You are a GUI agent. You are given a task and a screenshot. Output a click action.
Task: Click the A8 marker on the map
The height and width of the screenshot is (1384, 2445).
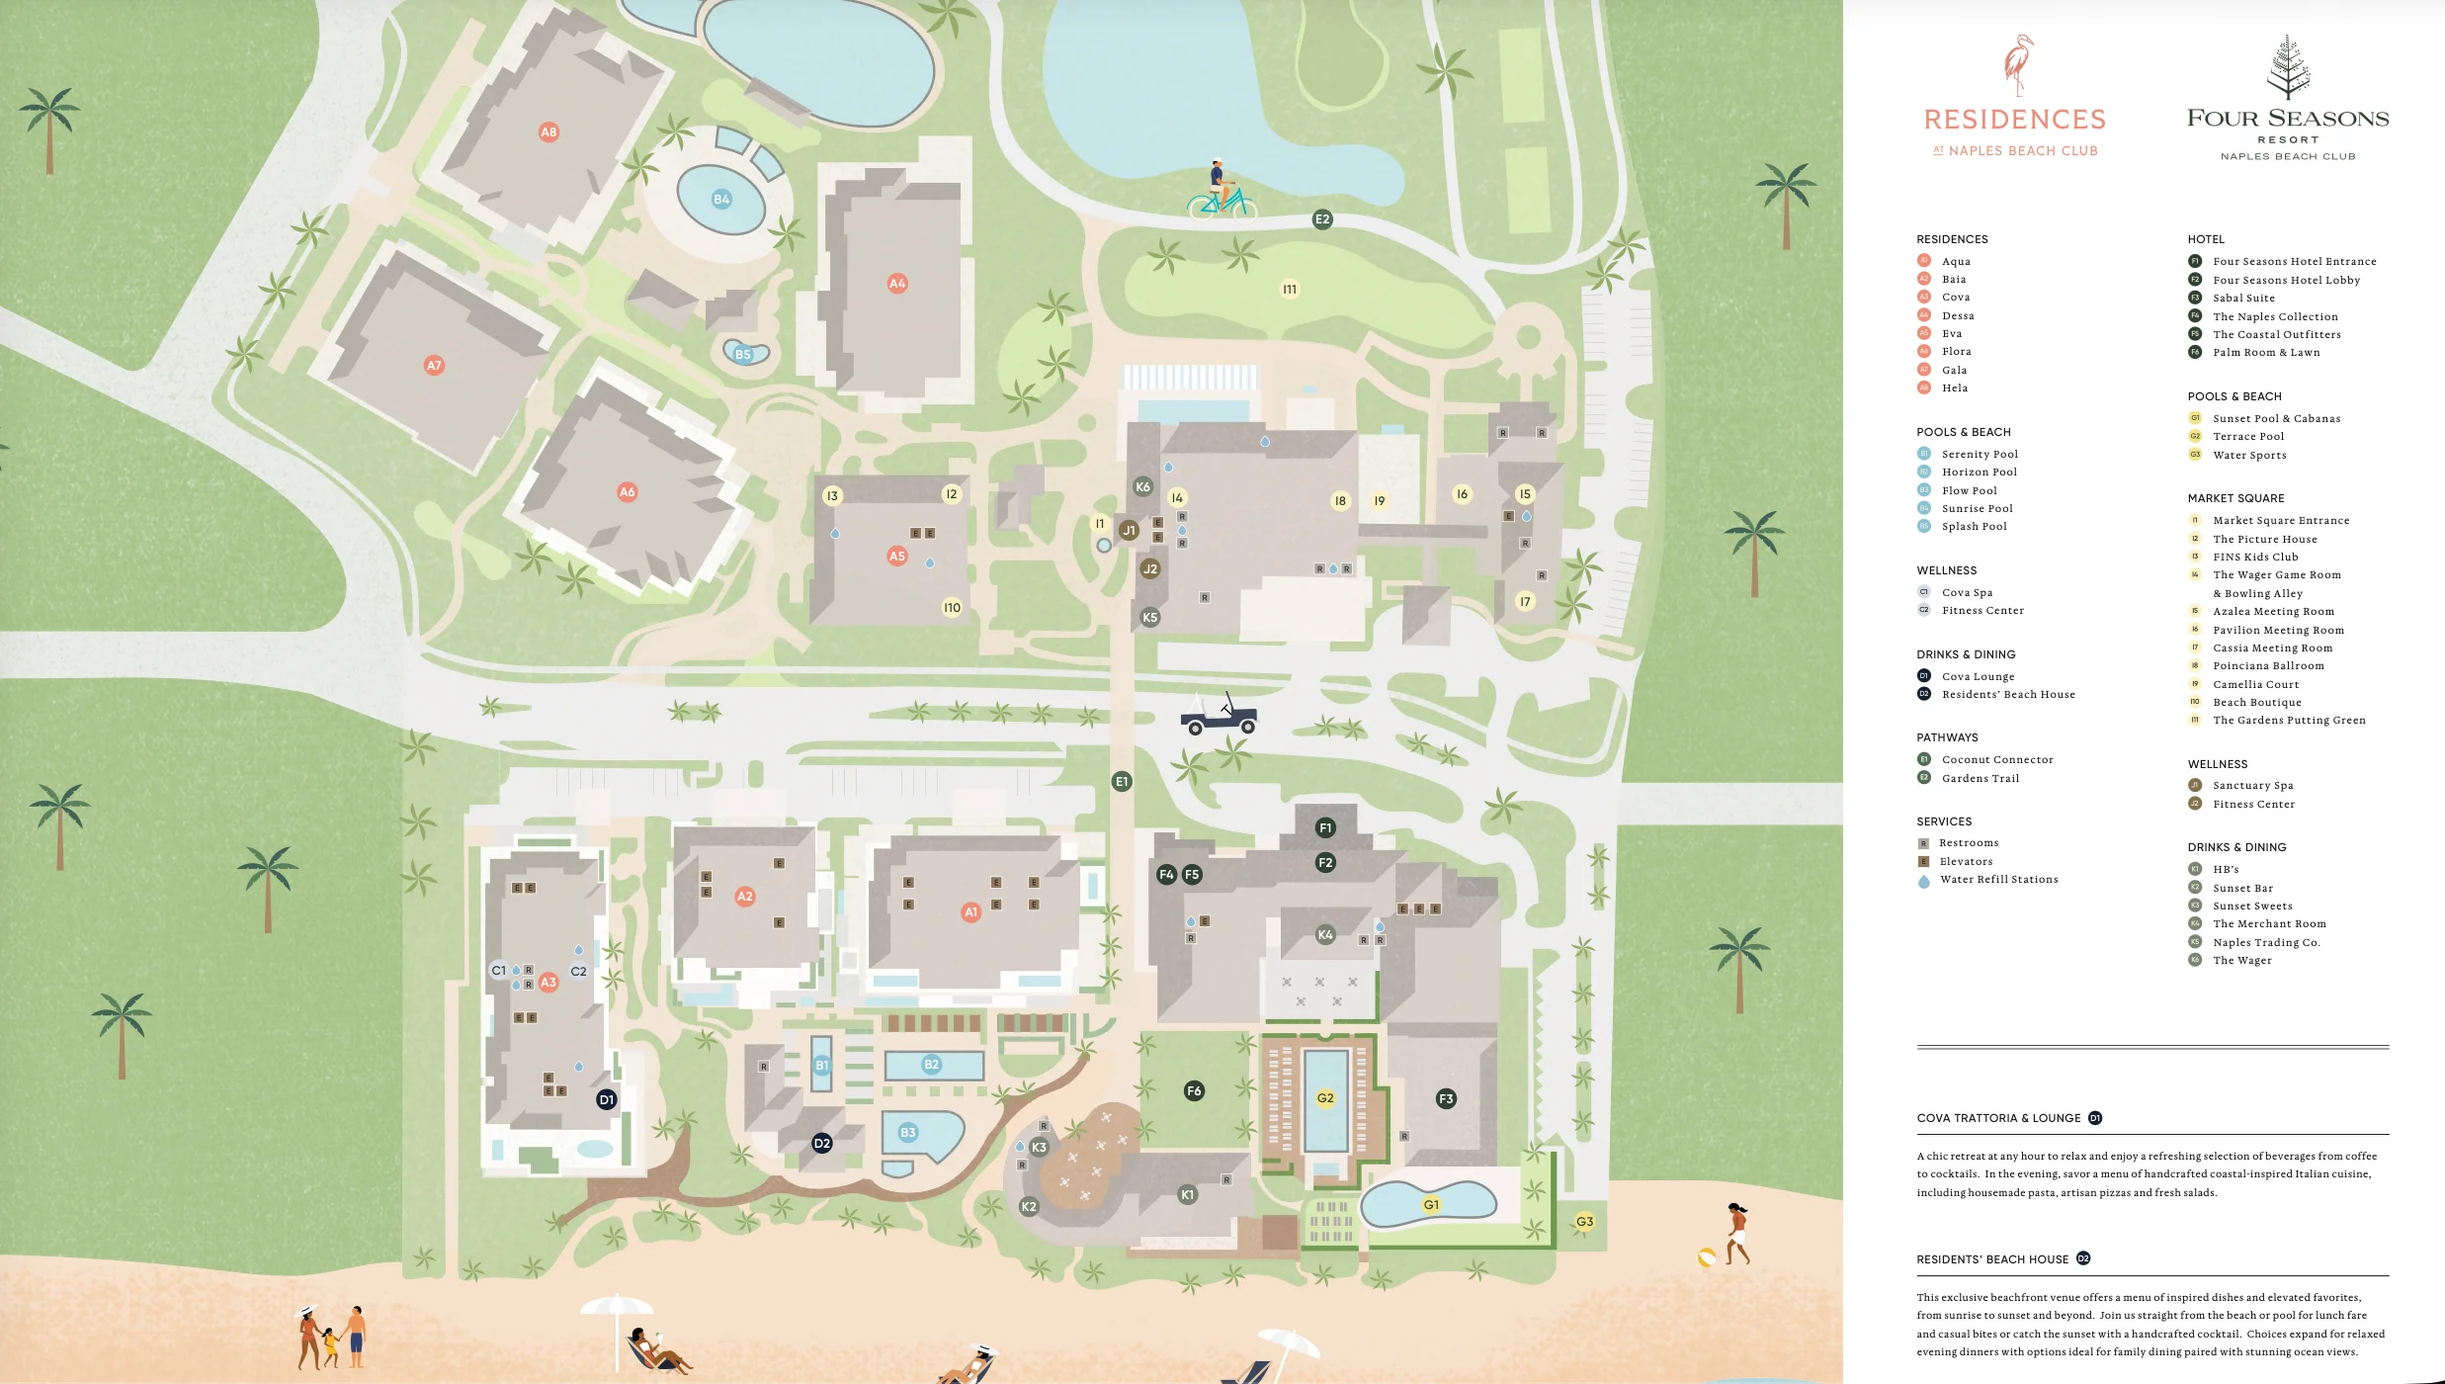548,132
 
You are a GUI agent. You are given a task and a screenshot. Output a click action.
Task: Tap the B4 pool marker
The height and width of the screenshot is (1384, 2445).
721,200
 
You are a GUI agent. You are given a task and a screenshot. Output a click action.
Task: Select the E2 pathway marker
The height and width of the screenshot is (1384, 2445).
1322,219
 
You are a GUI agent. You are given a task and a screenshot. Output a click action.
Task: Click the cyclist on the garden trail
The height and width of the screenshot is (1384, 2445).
1222,191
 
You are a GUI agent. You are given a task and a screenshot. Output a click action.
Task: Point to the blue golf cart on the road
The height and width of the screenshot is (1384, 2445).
1220,716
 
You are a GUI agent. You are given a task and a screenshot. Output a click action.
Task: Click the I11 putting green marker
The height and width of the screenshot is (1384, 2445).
1290,290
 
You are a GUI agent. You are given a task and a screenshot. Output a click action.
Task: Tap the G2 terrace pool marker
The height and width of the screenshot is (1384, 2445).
1325,1098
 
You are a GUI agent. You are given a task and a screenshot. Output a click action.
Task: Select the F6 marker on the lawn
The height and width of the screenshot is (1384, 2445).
1194,1091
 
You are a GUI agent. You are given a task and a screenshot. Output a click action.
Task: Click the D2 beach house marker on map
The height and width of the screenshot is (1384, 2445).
822,1144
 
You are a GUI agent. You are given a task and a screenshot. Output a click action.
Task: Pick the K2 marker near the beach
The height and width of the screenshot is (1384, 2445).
1029,1207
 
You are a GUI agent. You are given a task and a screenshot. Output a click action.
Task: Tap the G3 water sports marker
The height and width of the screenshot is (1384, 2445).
1584,1222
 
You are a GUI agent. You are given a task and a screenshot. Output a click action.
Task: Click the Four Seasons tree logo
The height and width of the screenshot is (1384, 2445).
2288,67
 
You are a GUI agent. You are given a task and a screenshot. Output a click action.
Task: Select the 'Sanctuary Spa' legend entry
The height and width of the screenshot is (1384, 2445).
2253,786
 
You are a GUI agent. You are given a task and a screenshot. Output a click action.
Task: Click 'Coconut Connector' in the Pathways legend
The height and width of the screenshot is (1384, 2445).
1997,760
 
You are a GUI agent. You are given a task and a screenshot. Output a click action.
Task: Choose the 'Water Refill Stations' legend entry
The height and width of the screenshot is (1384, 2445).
1998,880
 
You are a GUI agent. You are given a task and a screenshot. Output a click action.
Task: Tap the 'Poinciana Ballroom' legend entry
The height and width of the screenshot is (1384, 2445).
2268,666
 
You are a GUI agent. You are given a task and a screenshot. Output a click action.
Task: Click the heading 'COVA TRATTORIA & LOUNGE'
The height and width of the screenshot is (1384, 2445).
1998,1118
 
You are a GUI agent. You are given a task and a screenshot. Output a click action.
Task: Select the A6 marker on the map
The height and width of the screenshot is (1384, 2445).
628,492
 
